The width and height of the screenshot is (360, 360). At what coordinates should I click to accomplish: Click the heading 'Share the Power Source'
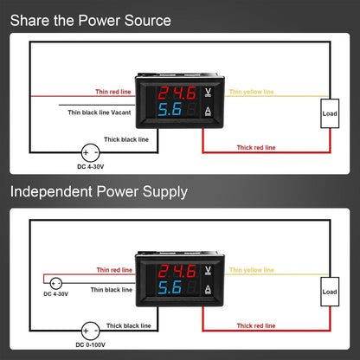pos(90,20)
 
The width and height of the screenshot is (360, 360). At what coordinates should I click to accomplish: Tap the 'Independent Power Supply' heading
pos(99,191)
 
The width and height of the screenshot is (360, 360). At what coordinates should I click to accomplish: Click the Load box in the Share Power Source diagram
pos(330,113)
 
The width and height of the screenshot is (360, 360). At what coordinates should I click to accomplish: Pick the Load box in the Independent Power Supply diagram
pos(330,291)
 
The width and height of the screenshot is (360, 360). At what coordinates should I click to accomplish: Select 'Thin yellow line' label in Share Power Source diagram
pos(251,91)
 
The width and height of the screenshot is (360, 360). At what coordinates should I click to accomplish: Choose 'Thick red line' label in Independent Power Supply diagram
pos(256,325)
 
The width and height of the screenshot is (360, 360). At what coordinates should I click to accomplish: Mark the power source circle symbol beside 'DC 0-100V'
pos(90,331)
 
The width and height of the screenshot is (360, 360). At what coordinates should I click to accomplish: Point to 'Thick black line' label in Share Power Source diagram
pos(125,138)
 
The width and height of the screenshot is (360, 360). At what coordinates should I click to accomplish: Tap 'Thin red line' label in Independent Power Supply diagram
pos(115,269)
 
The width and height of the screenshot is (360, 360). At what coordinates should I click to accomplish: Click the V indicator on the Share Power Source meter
pos(207,90)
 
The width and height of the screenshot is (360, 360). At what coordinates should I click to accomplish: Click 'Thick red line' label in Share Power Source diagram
pos(256,147)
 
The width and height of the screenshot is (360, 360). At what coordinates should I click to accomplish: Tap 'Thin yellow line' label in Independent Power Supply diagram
pos(251,269)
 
